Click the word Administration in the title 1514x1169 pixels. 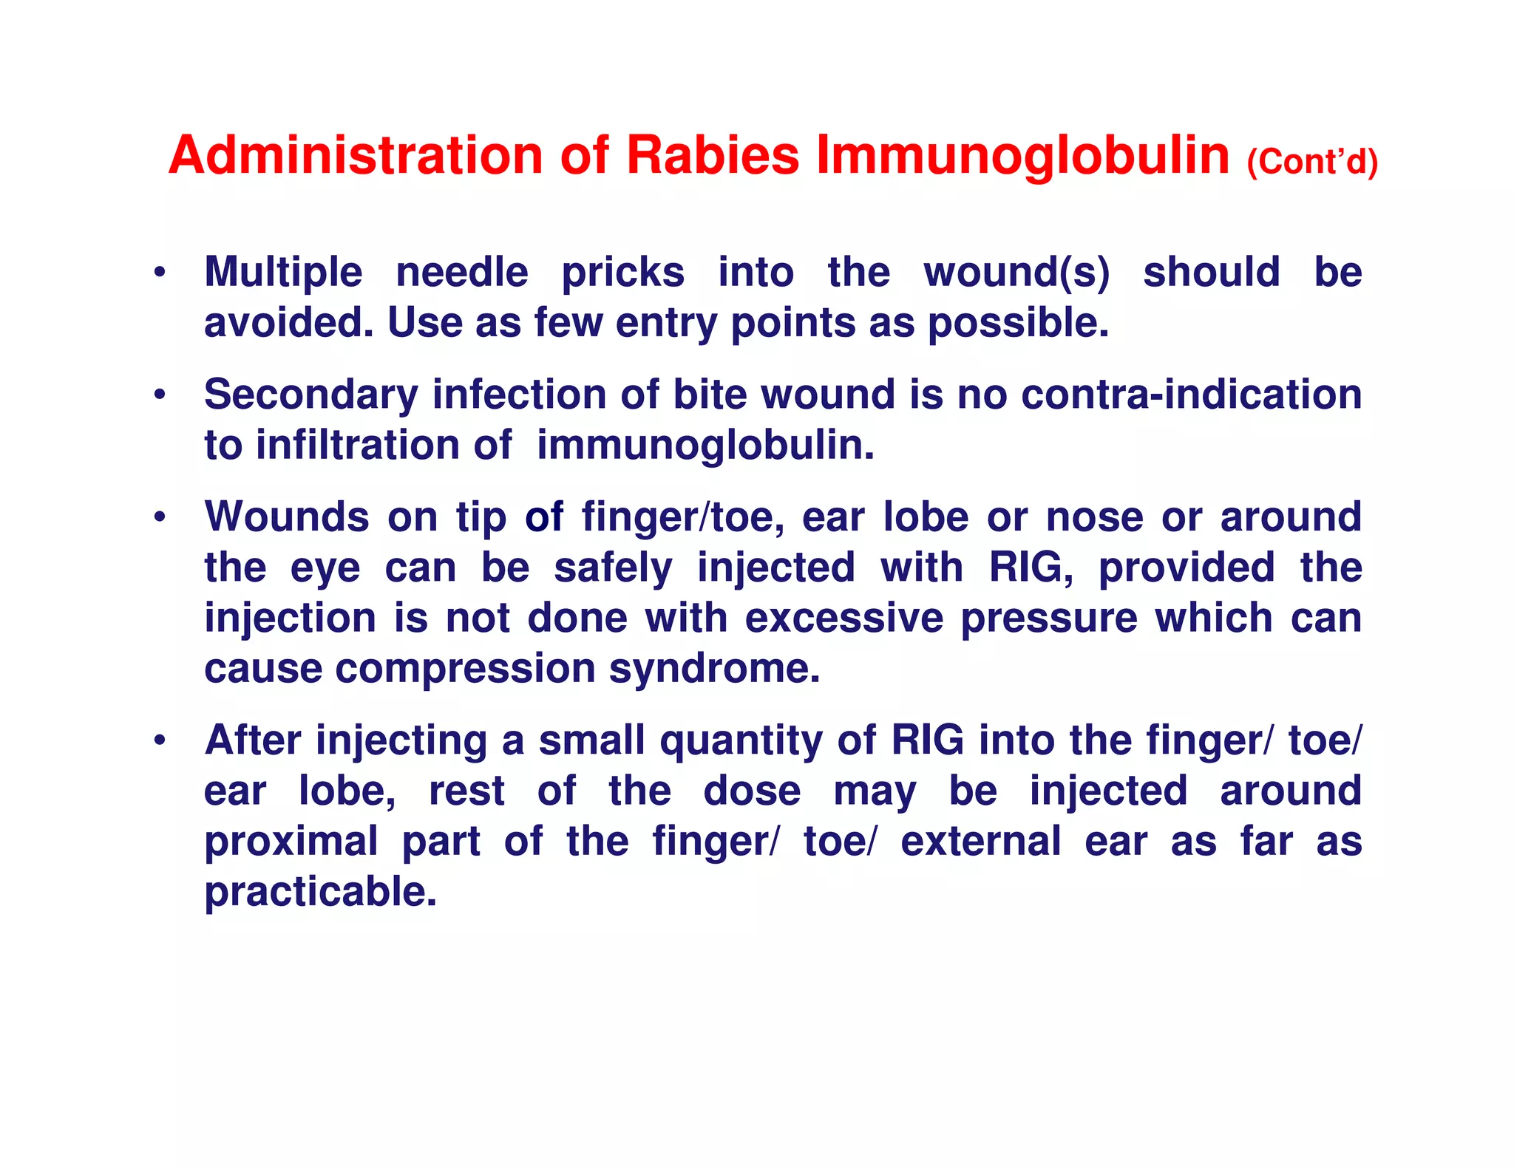click(356, 155)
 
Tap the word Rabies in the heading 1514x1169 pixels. click(713, 155)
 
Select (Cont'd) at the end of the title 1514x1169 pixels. click(1312, 162)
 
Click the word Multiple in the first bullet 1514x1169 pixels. click(283, 273)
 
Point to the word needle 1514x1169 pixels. click(462, 273)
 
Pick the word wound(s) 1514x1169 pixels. click(1016, 273)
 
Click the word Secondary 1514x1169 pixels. click(310, 395)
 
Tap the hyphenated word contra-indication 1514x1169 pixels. click(1191, 395)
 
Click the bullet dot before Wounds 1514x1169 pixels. click(159, 517)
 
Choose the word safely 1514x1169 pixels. click(614, 568)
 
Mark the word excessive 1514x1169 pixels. click(843, 618)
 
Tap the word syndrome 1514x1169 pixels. click(714, 669)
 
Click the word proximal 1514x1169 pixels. click(291, 842)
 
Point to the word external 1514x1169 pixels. click(981, 842)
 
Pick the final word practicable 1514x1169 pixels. click(321, 893)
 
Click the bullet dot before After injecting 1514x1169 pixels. click(159, 741)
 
